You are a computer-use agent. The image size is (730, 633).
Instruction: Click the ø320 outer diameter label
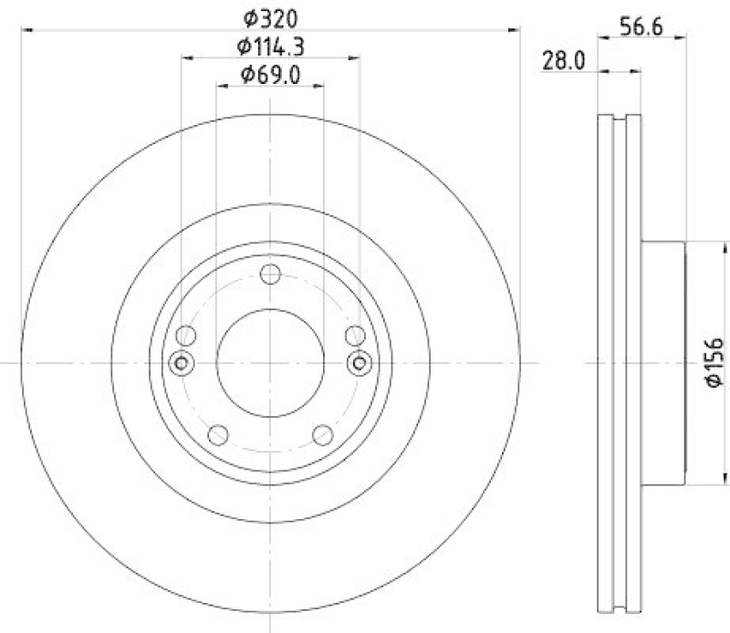point(270,16)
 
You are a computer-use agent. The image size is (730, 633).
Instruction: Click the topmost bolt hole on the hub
point(269,275)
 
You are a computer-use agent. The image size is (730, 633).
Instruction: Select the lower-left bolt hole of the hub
point(217,434)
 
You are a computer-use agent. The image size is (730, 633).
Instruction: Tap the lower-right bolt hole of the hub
point(321,434)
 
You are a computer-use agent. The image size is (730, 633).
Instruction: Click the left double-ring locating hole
point(181,363)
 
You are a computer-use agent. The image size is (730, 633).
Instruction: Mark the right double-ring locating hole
point(358,363)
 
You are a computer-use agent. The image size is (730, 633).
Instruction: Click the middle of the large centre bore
point(269,363)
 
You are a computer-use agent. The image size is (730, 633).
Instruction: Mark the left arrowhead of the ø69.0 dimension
point(220,86)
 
